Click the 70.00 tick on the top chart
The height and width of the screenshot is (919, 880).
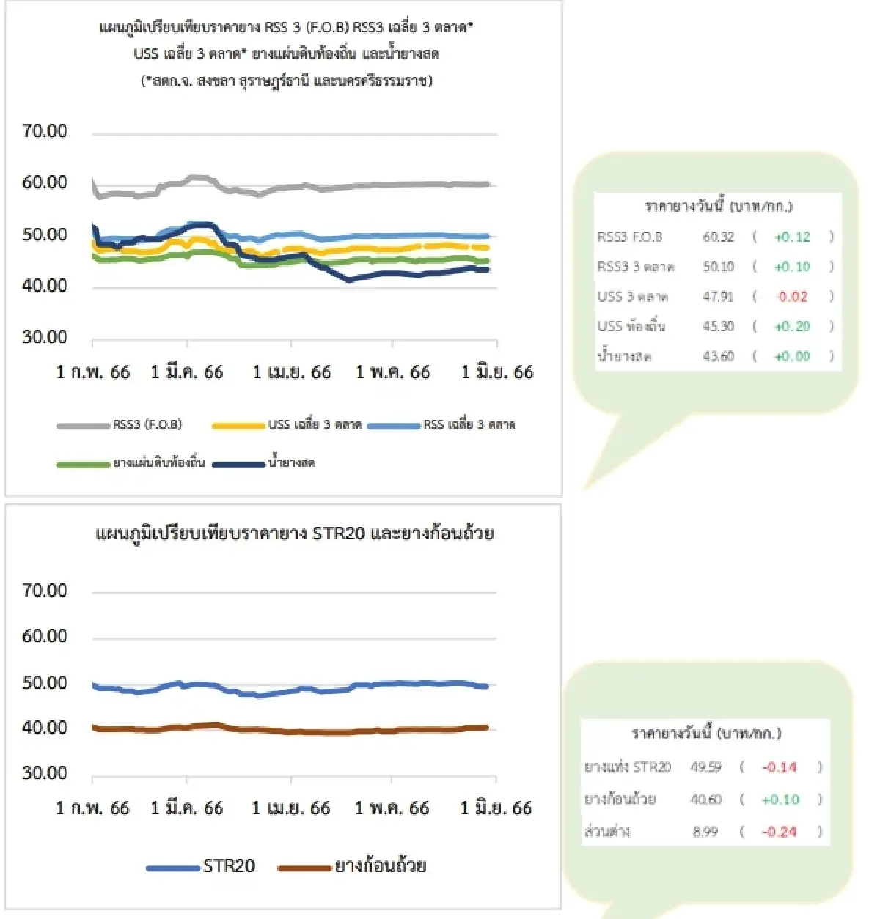click(45, 131)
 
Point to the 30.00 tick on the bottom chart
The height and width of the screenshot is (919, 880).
click(45, 773)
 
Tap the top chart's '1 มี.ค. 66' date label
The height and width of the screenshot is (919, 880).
click(187, 372)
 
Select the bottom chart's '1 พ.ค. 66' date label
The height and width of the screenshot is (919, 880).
click(392, 808)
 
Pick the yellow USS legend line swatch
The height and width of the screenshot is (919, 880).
click(238, 425)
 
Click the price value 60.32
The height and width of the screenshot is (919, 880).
click(718, 237)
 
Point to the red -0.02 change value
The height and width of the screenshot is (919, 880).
click(792, 297)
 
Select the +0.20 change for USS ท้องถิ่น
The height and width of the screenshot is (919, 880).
click(792, 327)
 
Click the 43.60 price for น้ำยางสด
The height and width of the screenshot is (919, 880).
click(718, 356)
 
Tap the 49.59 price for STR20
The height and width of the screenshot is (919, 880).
click(705, 767)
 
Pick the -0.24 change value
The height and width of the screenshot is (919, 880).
click(779, 832)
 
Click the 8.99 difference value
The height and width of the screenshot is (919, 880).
click(705, 832)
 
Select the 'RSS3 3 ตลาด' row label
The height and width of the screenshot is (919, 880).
click(635, 267)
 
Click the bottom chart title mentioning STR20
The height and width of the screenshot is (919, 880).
click(294, 534)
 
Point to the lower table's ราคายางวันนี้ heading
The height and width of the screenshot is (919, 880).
click(705, 733)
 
